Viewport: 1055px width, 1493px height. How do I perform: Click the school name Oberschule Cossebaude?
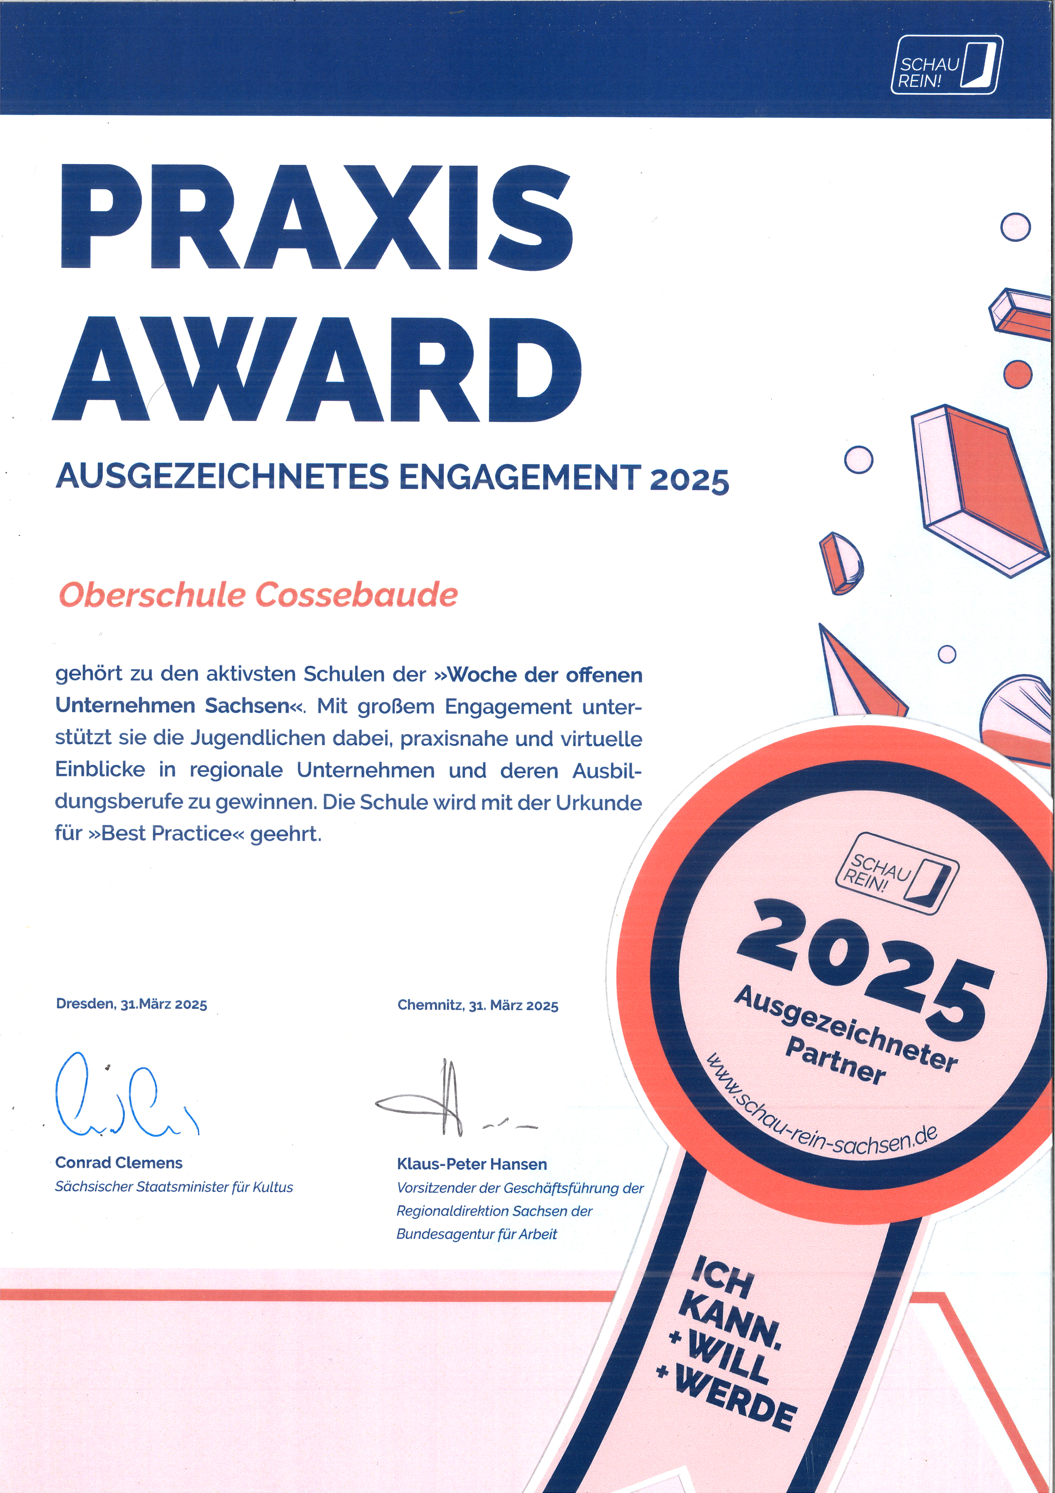258,595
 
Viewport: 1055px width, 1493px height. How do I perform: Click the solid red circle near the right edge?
1017,374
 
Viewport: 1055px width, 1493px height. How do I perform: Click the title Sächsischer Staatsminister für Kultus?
174,1187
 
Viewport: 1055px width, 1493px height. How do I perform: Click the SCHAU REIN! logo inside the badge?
897,873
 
